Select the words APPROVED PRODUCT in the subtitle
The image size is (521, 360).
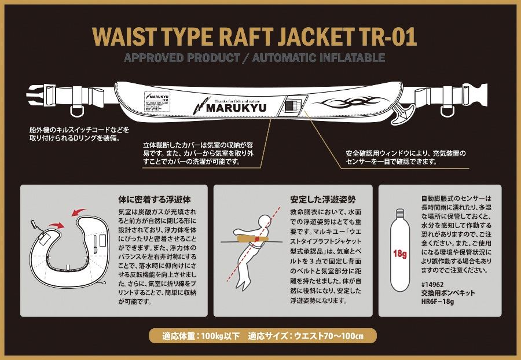tap(182, 58)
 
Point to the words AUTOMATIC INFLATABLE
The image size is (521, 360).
tap(318, 58)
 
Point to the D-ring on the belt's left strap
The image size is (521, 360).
tap(78, 108)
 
